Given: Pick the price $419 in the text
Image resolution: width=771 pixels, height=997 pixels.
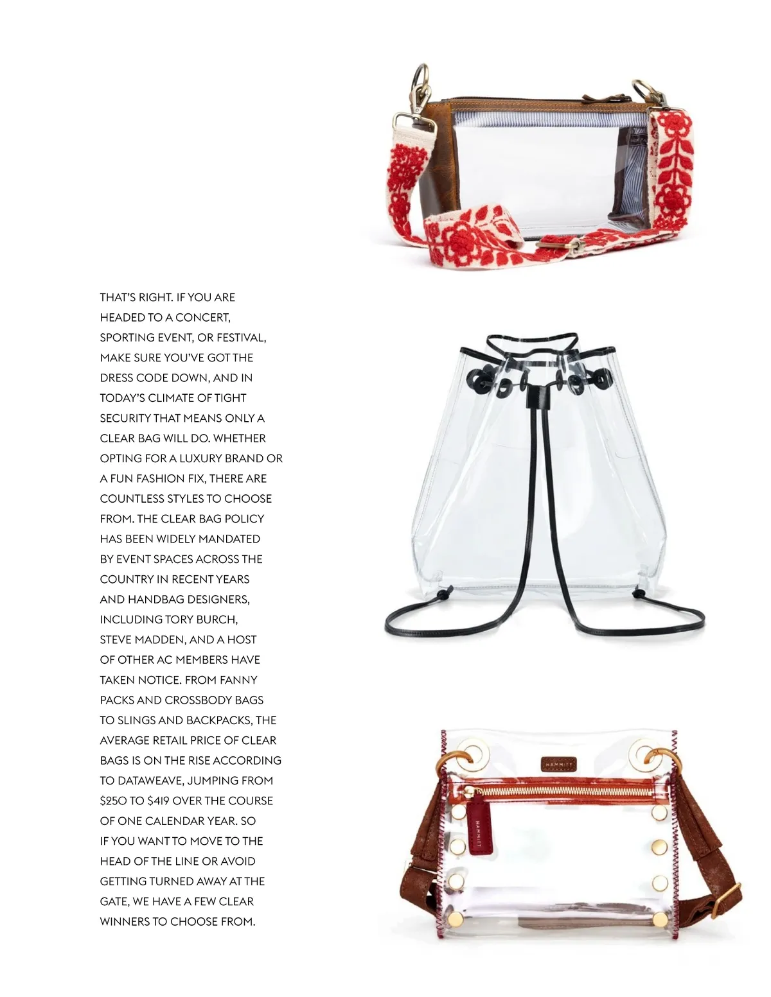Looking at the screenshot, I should (x=158, y=801).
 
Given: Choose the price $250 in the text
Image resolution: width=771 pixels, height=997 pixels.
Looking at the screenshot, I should (x=113, y=801).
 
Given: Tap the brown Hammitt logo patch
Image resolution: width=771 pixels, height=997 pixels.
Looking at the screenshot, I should (x=558, y=764).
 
